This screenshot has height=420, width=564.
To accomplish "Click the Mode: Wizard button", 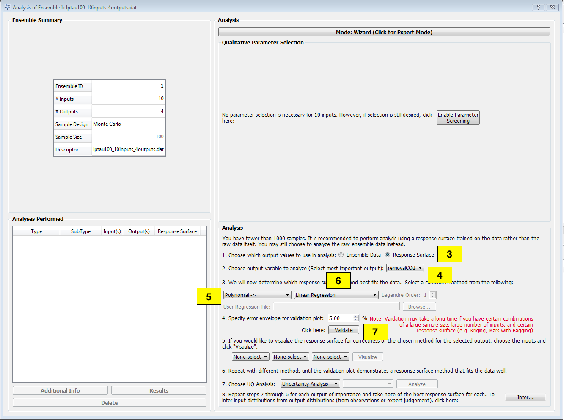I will pos(384,32).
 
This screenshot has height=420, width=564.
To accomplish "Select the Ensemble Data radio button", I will pos(341,255).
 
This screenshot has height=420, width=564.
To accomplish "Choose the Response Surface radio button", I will pos(388,255).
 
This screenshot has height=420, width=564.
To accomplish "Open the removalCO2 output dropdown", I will pos(405,268).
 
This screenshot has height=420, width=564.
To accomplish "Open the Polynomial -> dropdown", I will pos(257,295).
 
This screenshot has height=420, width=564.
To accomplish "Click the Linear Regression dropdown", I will pos(336,295).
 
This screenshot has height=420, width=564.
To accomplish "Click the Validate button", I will pos(344,330).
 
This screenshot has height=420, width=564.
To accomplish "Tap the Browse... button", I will pos(419,307).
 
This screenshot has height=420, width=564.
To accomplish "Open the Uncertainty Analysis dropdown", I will pos(310,384).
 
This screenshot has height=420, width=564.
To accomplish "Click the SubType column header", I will pos(81,231).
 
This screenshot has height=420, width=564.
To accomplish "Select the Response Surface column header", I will pos(177,231).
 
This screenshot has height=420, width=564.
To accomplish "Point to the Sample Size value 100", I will pos(159,137).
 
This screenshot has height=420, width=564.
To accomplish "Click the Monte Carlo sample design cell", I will pos(128,124).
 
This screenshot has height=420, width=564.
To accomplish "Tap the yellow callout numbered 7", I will pos(375,332).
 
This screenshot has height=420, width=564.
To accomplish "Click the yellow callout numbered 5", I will pos(209,296).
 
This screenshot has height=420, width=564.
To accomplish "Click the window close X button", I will pos(552,7).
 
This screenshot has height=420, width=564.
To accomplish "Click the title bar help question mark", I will pos(538,7).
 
